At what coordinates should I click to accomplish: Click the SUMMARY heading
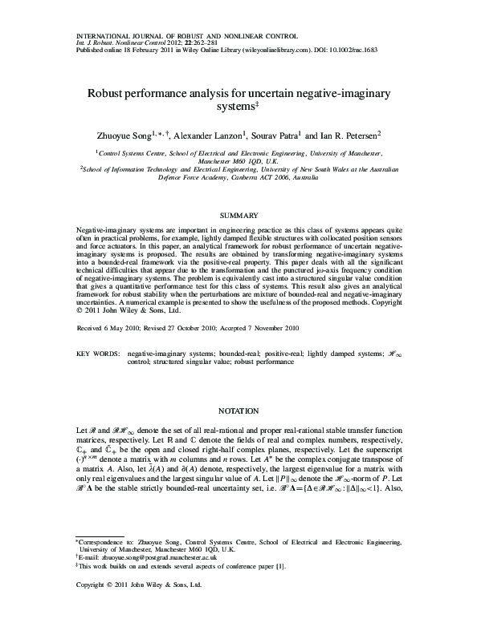click(238, 216)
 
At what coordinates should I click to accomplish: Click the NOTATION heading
click(238, 409)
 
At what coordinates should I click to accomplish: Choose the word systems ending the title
click(236, 106)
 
